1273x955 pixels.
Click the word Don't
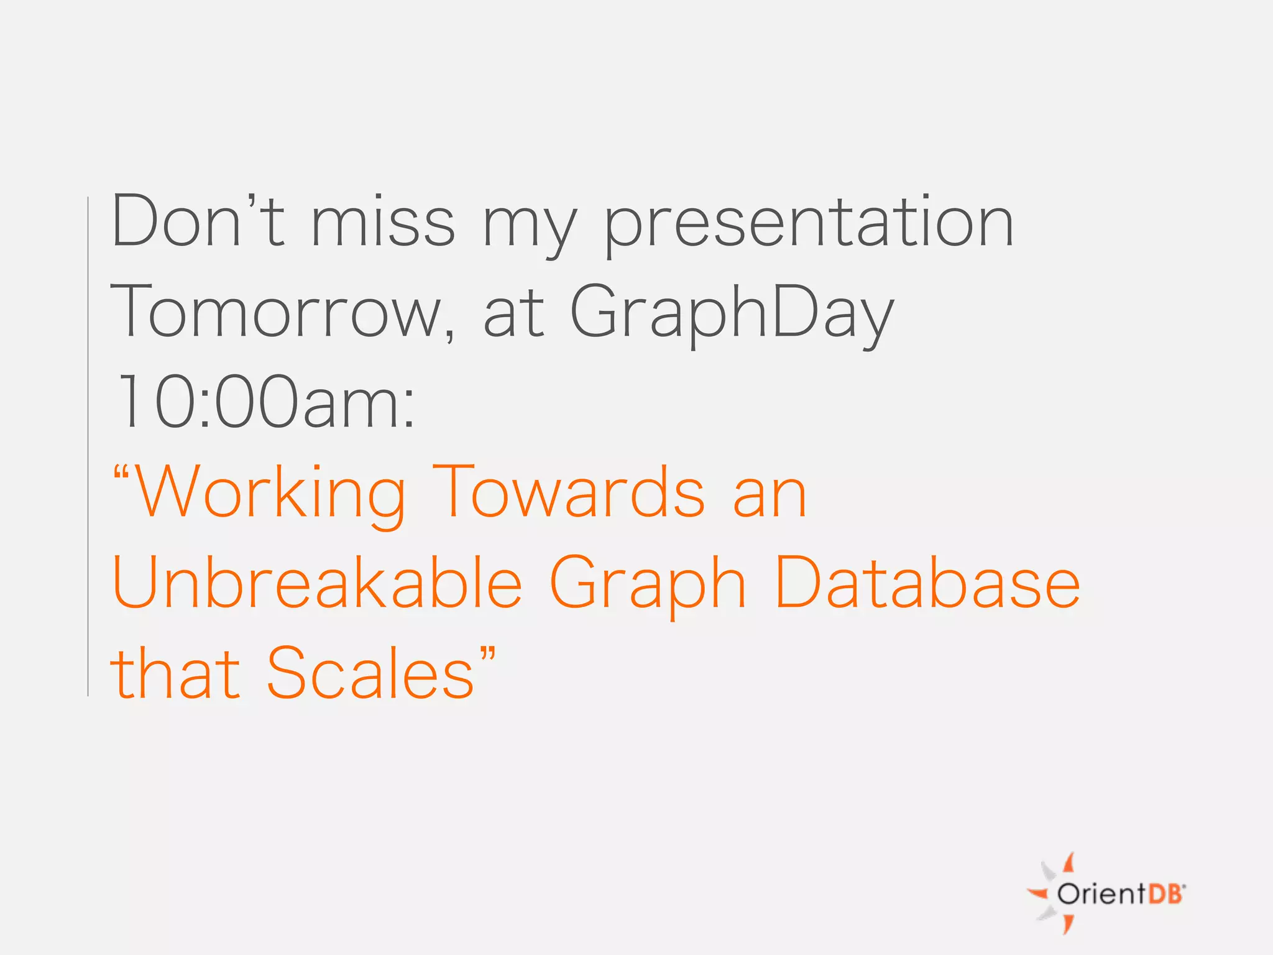click(x=198, y=222)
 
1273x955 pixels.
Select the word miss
click(x=383, y=222)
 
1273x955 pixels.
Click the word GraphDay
click(x=731, y=314)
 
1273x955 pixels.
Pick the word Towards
click(x=569, y=493)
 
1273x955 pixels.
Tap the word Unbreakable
click(x=317, y=583)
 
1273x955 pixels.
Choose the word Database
click(x=927, y=583)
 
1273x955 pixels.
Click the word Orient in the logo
click(x=1101, y=894)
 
